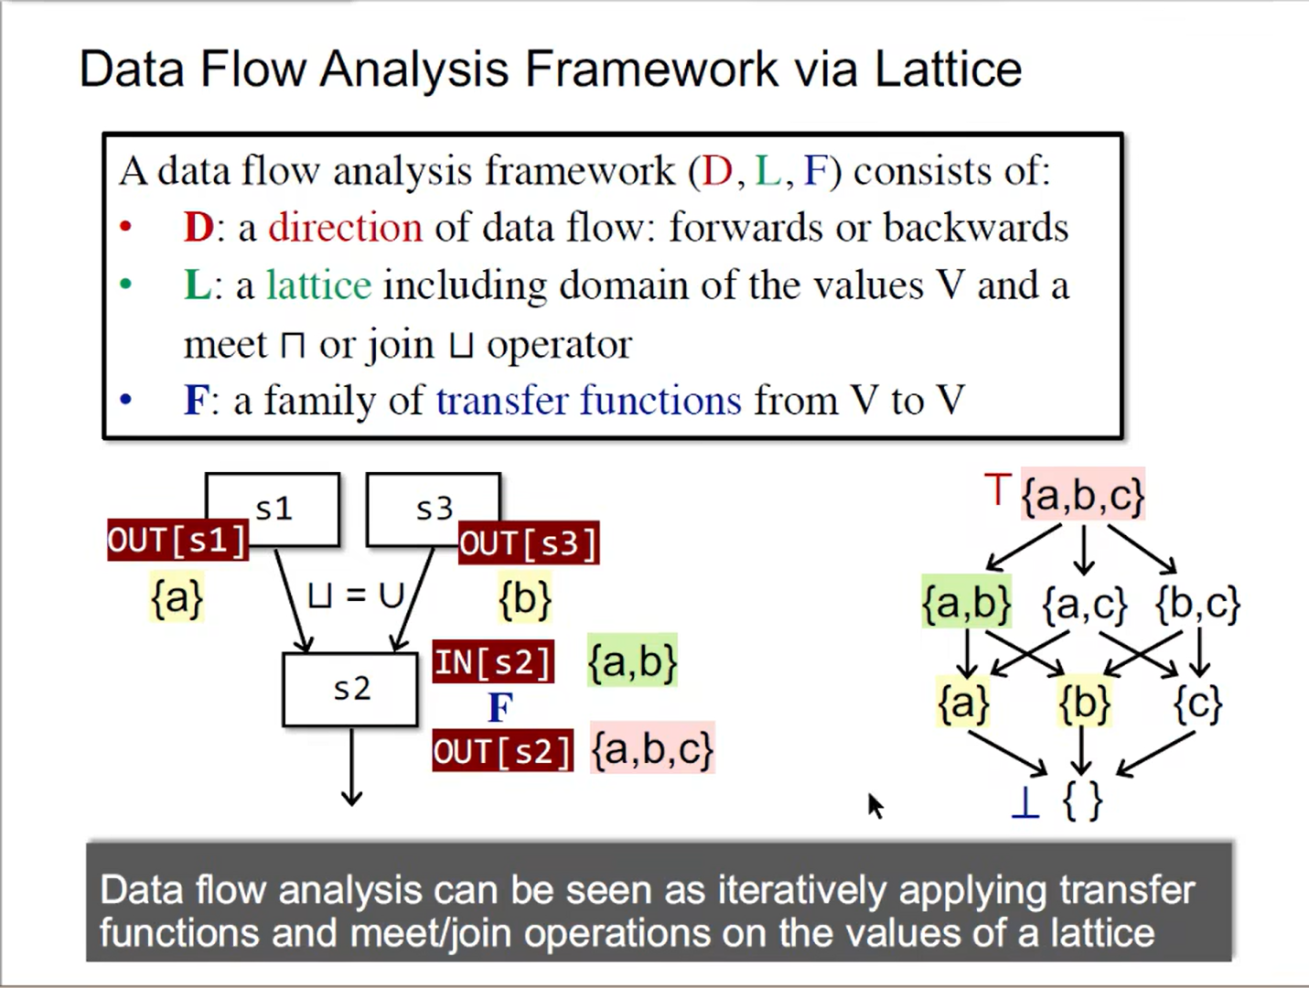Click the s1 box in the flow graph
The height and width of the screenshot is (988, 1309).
(273, 508)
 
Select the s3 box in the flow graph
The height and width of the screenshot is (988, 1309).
(434, 508)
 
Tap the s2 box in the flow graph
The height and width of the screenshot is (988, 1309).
(351, 689)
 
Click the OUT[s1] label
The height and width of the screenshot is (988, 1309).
(177, 541)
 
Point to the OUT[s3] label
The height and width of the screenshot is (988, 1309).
(528, 543)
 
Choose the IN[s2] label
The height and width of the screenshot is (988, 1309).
(493, 661)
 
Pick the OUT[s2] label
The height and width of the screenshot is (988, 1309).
(502, 751)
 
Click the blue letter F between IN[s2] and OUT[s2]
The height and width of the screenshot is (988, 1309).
(500, 707)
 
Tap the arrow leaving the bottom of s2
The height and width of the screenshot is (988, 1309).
(351, 768)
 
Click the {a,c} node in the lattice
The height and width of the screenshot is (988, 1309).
(1084, 605)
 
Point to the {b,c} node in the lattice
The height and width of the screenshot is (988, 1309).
(1197, 605)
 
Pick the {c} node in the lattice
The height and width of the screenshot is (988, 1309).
(1197, 703)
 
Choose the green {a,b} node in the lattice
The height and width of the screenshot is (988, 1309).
(967, 603)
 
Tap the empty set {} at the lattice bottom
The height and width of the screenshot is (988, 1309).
(1082, 801)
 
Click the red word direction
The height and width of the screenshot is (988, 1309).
(345, 227)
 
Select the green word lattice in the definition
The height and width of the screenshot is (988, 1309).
(318, 285)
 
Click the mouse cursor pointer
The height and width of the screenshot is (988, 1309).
(874, 805)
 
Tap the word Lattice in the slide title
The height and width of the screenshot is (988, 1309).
(948, 69)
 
